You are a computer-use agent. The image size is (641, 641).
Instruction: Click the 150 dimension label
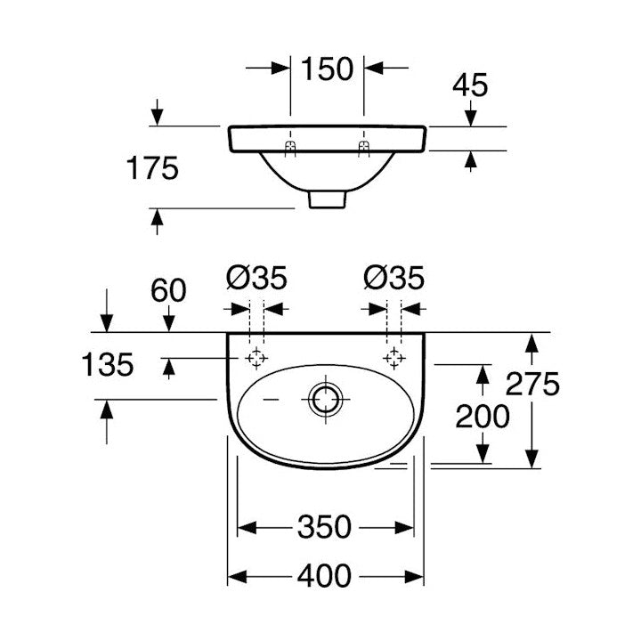[x=327, y=69]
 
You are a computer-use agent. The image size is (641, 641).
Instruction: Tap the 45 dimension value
[x=470, y=85]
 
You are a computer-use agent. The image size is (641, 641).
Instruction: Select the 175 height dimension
[x=152, y=168]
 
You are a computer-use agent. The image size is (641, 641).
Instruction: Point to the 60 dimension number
[x=168, y=290]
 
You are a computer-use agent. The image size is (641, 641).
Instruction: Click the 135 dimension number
[x=108, y=364]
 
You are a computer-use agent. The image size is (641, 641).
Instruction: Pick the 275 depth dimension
[x=532, y=384]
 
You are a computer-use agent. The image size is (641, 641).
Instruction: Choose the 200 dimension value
[x=483, y=416]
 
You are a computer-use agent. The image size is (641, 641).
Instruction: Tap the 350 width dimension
[x=324, y=527]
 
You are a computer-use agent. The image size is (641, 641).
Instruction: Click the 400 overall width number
[x=324, y=576]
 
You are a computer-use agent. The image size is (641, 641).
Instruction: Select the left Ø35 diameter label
[x=256, y=278]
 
